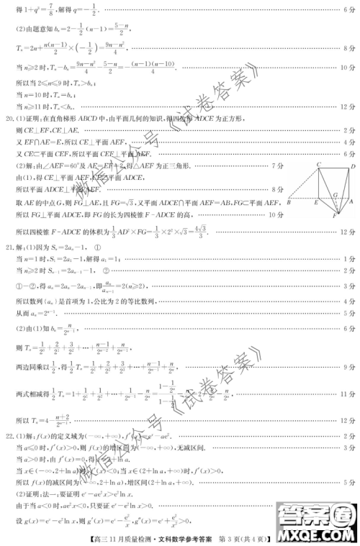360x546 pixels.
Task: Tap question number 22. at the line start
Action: [x=9, y=437]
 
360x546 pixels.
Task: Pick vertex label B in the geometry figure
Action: [x=287, y=205]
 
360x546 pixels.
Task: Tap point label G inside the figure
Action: [x=335, y=194]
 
